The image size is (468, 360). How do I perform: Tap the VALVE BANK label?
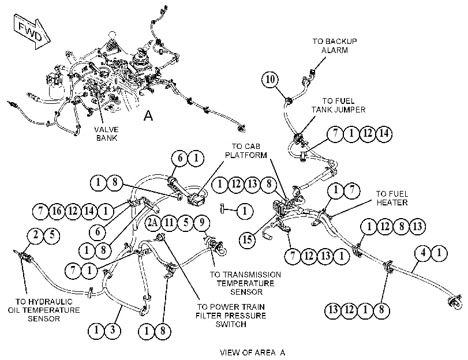[x=107, y=134]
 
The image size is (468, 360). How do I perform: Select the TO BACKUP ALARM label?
[x=335, y=46]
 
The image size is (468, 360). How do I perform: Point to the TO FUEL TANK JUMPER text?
[x=339, y=106]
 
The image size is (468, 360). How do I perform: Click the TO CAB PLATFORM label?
[x=246, y=151]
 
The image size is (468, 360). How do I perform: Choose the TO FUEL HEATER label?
[x=392, y=198]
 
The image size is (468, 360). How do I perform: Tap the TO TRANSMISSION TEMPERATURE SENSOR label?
[x=246, y=283]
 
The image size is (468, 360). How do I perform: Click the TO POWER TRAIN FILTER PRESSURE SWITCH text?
[x=231, y=316]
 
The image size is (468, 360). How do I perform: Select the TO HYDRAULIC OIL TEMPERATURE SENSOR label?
[x=44, y=310]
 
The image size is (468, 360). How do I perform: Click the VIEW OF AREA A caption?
[x=253, y=352]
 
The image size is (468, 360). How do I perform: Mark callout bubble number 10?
[x=270, y=80]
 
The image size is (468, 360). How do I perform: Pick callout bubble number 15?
[x=248, y=239]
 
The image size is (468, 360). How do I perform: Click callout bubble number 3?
[x=113, y=331]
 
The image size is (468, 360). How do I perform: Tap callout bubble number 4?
[x=423, y=253]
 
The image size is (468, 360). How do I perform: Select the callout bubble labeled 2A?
[x=153, y=223]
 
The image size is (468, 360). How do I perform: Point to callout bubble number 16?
[x=57, y=211]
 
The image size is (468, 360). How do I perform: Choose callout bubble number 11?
[x=169, y=223]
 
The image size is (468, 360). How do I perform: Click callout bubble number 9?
[x=202, y=223]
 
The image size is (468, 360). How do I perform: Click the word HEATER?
[x=392, y=202]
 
